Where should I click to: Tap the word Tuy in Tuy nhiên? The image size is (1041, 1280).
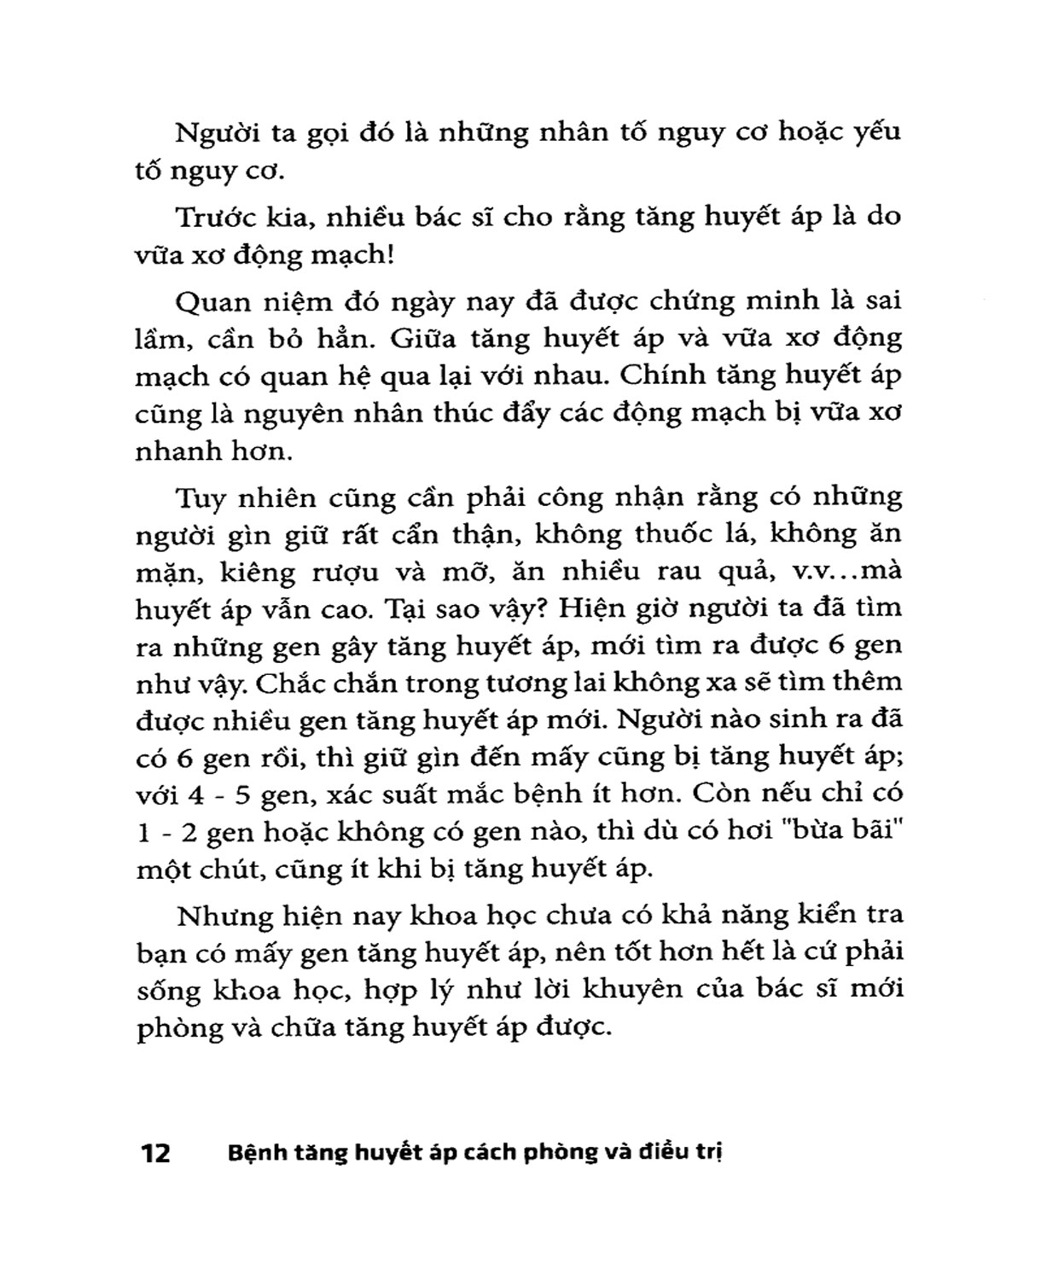[197, 497]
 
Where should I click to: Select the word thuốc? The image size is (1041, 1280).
[672, 534]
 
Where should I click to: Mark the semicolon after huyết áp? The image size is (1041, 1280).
[898, 758]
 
